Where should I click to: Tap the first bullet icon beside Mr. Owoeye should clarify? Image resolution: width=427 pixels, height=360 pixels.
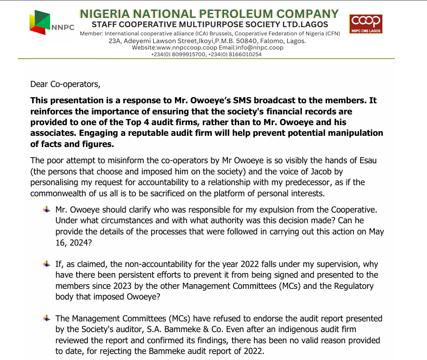47,210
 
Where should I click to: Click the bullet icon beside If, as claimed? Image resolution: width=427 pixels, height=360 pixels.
47,264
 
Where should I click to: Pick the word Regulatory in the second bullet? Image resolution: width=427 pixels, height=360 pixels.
354,286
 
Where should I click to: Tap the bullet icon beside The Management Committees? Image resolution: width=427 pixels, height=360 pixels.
47,319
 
